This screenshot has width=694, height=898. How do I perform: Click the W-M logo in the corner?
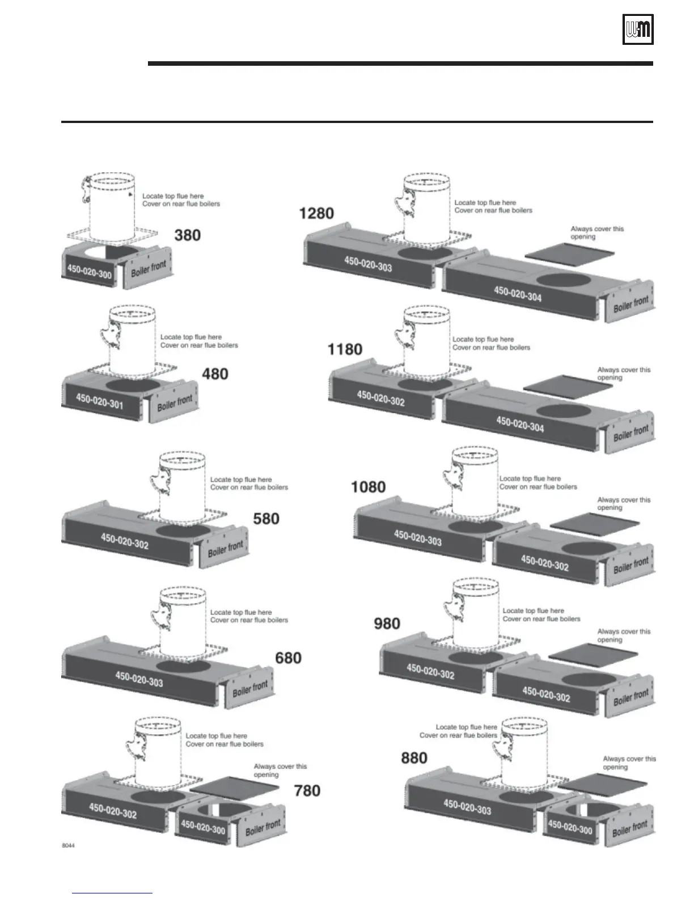coord(638,29)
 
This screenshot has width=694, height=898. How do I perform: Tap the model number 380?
coord(187,235)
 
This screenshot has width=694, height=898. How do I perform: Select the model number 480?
coord(215,374)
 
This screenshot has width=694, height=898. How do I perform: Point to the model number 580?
coord(266,518)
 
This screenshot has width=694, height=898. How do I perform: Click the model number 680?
coord(288,658)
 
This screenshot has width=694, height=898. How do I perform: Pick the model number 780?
coord(307,790)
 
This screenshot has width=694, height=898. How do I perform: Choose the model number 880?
coord(414,758)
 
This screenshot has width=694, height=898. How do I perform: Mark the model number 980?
coord(387,624)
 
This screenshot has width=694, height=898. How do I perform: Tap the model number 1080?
coord(369,487)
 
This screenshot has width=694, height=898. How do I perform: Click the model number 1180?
coord(345,349)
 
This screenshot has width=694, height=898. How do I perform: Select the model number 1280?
coord(316,214)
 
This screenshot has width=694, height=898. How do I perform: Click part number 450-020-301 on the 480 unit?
coord(99,402)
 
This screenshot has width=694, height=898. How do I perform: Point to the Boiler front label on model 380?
coord(149,269)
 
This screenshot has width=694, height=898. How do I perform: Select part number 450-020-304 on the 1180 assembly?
coord(520,424)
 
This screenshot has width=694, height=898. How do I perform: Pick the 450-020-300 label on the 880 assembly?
coord(570,827)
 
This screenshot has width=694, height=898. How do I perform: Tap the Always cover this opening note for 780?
coord(280,770)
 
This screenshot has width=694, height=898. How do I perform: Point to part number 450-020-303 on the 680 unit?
coord(139,679)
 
